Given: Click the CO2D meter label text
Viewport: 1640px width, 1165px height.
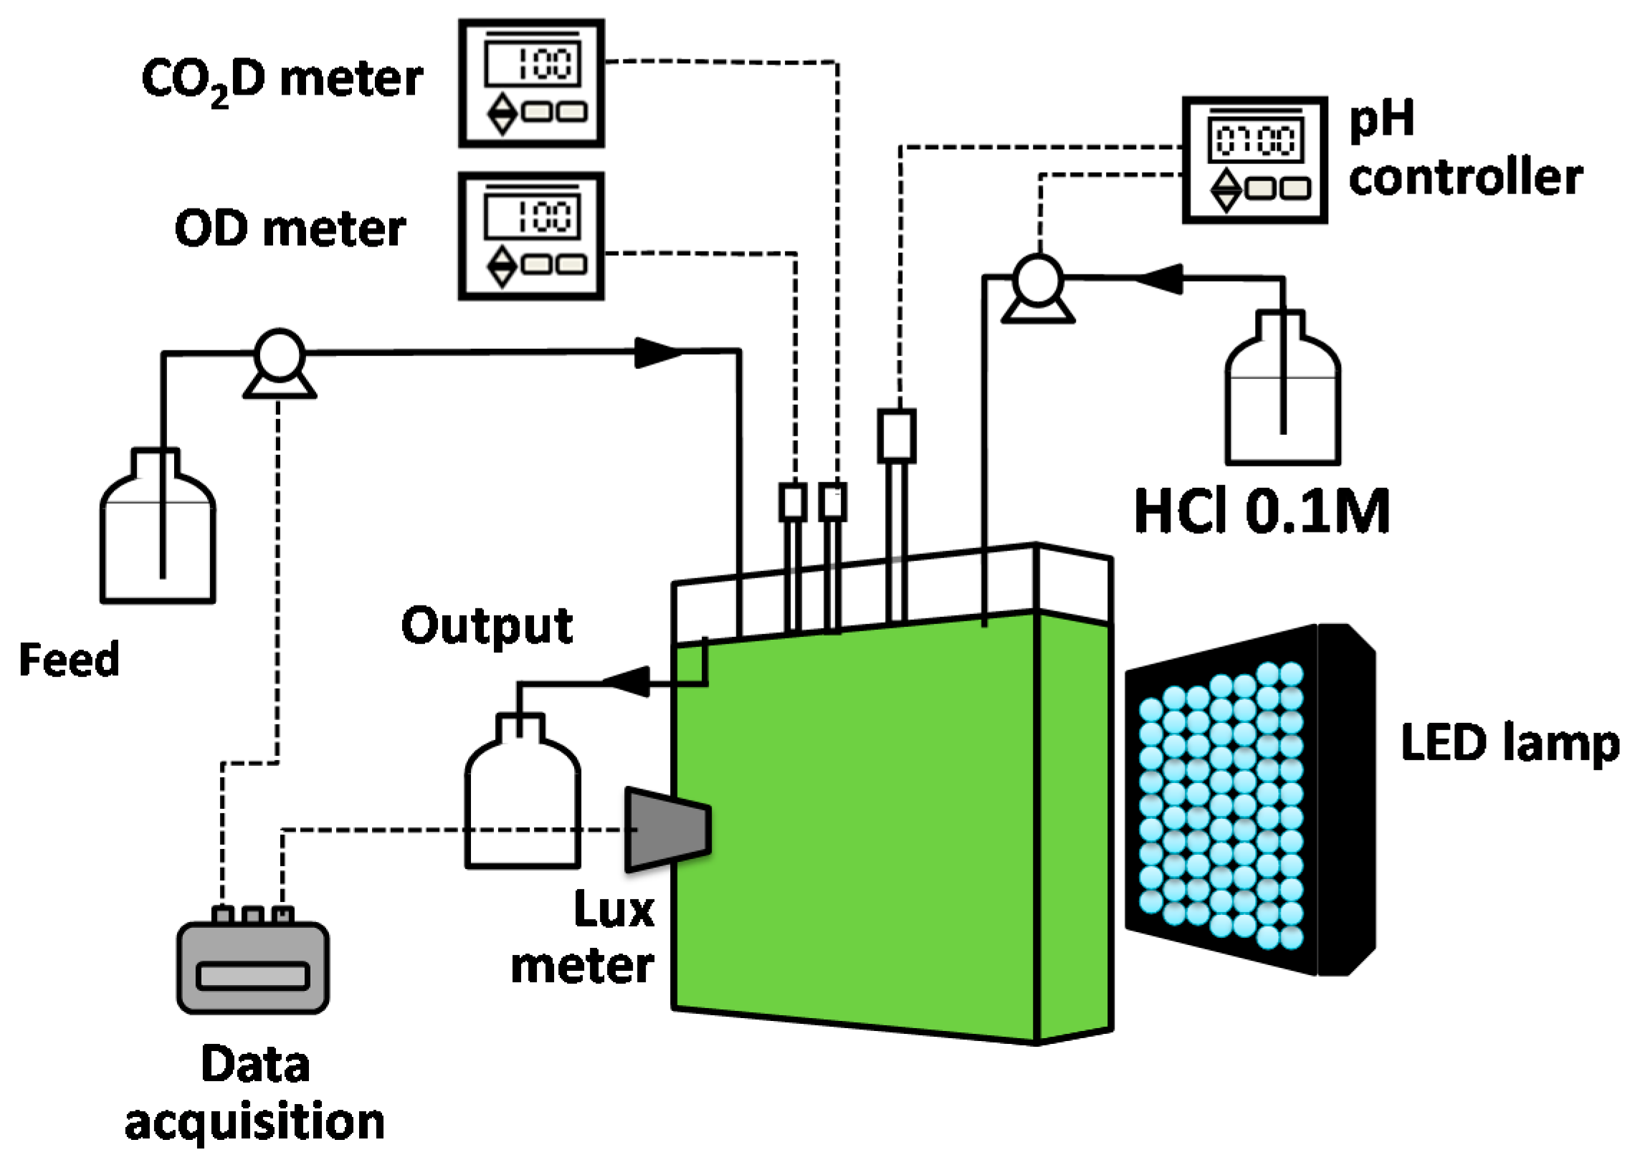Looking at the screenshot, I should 282,79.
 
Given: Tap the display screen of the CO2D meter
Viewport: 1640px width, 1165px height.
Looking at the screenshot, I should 532,64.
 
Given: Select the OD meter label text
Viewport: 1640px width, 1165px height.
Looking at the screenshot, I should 290,229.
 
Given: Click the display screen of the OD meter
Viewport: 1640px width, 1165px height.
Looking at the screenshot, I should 532,216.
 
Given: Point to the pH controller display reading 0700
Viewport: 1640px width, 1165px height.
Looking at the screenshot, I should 1255,140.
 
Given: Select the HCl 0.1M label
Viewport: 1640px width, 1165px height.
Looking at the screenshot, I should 1262,512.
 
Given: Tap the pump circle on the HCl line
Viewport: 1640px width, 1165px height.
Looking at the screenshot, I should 1037,278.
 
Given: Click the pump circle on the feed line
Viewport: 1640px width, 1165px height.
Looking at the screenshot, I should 280,355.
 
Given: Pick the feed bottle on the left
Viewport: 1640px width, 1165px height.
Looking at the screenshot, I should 158,538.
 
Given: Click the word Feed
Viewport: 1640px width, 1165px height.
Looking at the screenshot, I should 69,660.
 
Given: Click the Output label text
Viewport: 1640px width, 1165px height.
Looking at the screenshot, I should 487,625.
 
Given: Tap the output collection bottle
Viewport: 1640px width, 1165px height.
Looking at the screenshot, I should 523,800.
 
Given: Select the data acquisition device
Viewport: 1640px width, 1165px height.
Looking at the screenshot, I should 252,967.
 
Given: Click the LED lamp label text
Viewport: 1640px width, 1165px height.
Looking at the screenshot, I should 1510,743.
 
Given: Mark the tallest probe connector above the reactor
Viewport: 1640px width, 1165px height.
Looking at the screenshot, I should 897,436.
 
